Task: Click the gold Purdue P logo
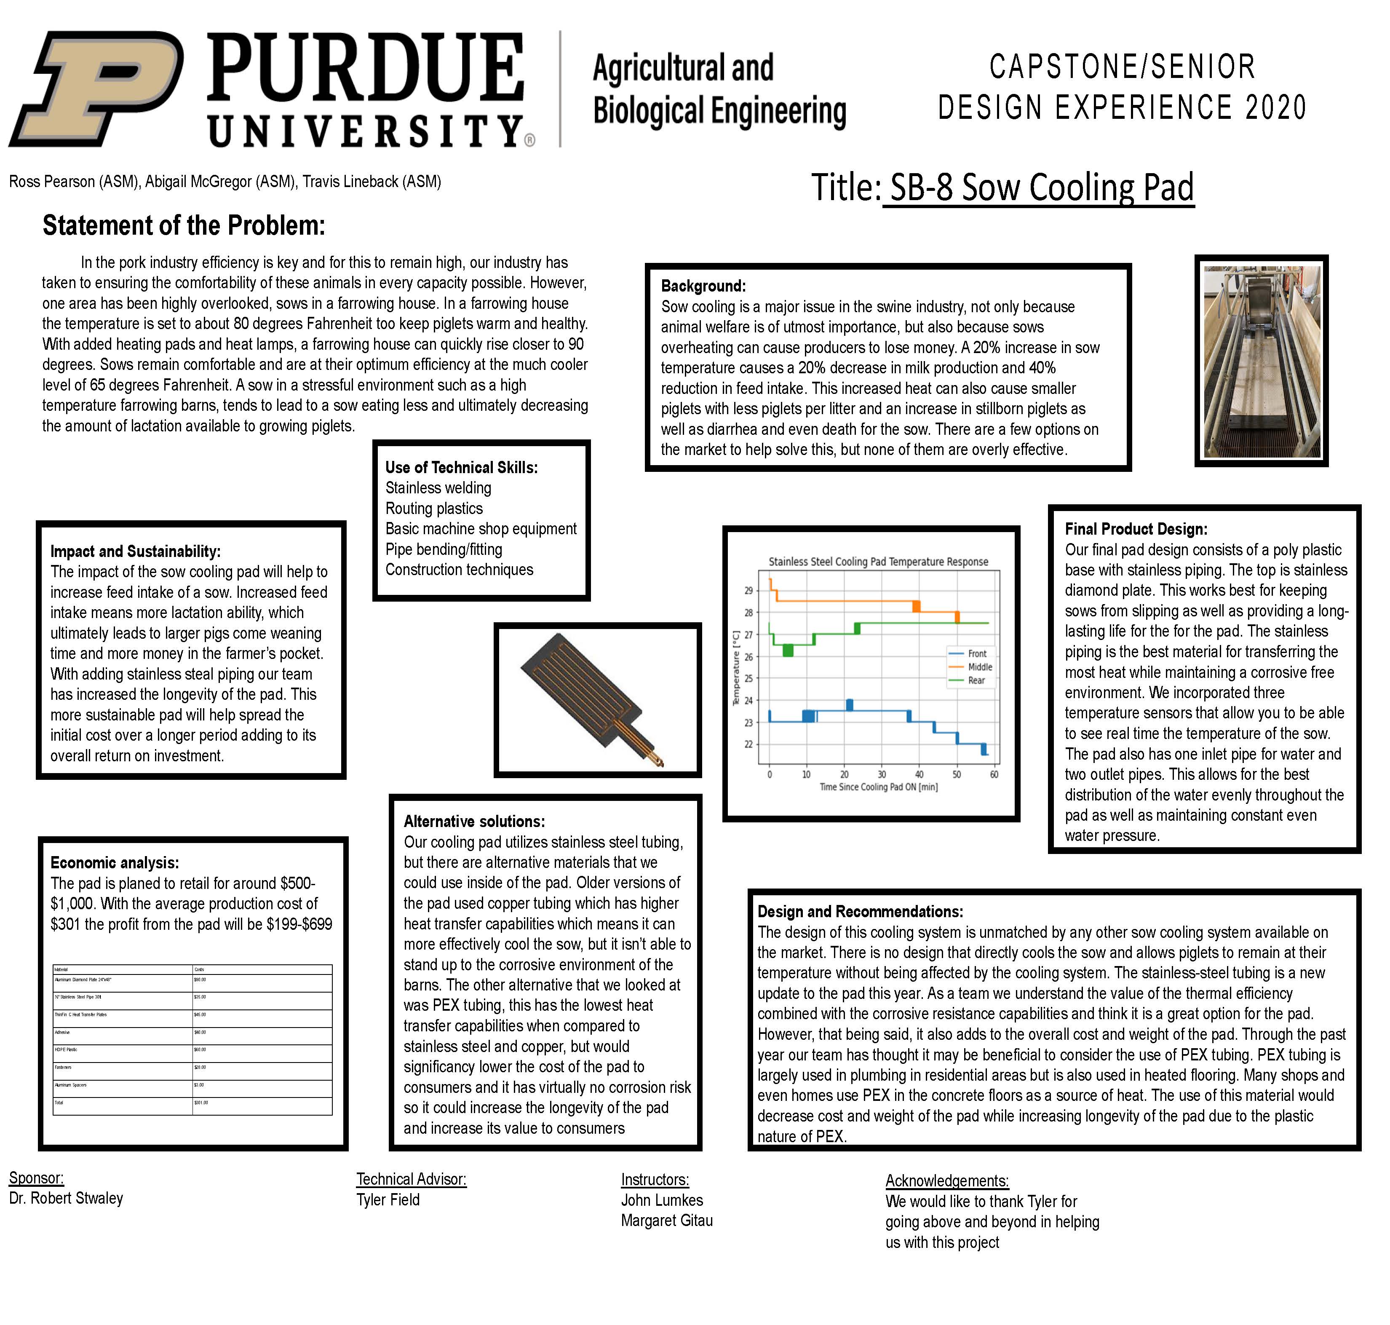tap(95, 88)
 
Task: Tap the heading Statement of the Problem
tap(184, 225)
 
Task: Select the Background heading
tap(703, 286)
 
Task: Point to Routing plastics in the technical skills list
tap(434, 509)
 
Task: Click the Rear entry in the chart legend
tap(976, 680)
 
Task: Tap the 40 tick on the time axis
tap(919, 774)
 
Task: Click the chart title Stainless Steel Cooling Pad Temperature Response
tap(878, 562)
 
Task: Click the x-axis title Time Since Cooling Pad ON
tap(878, 787)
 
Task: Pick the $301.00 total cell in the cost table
tap(201, 1103)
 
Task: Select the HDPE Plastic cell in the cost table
tap(67, 1049)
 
